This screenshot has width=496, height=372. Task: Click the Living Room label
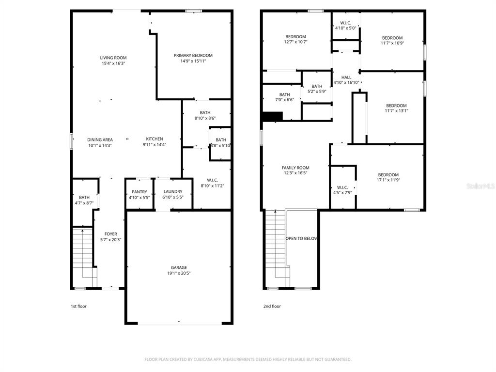click(x=113, y=58)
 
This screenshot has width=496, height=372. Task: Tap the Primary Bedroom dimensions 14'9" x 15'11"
click(x=193, y=61)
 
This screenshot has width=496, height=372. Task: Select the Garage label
click(x=178, y=267)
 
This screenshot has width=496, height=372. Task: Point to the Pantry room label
click(x=139, y=192)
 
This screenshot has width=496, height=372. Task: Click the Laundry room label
click(x=172, y=192)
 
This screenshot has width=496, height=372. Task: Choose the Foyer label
click(x=110, y=234)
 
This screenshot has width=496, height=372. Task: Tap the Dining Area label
click(x=100, y=139)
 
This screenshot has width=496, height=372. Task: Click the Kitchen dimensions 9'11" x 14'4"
click(x=155, y=145)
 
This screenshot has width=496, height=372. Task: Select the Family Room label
click(x=295, y=168)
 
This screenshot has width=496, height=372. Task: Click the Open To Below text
click(x=302, y=238)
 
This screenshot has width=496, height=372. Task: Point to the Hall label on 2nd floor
click(x=346, y=77)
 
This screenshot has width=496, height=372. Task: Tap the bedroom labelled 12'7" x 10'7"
click(x=295, y=39)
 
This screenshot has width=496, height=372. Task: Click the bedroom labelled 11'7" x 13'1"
click(x=396, y=108)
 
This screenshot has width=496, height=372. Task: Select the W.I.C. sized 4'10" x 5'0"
click(x=346, y=25)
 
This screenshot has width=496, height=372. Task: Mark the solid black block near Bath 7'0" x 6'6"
click(x=272, y=117)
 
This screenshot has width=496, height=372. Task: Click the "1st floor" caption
click(x=78, y=306)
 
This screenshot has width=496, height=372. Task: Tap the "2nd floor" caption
click(x=272, y=306)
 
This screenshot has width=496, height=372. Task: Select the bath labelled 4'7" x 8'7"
click(x=84, y=200)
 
